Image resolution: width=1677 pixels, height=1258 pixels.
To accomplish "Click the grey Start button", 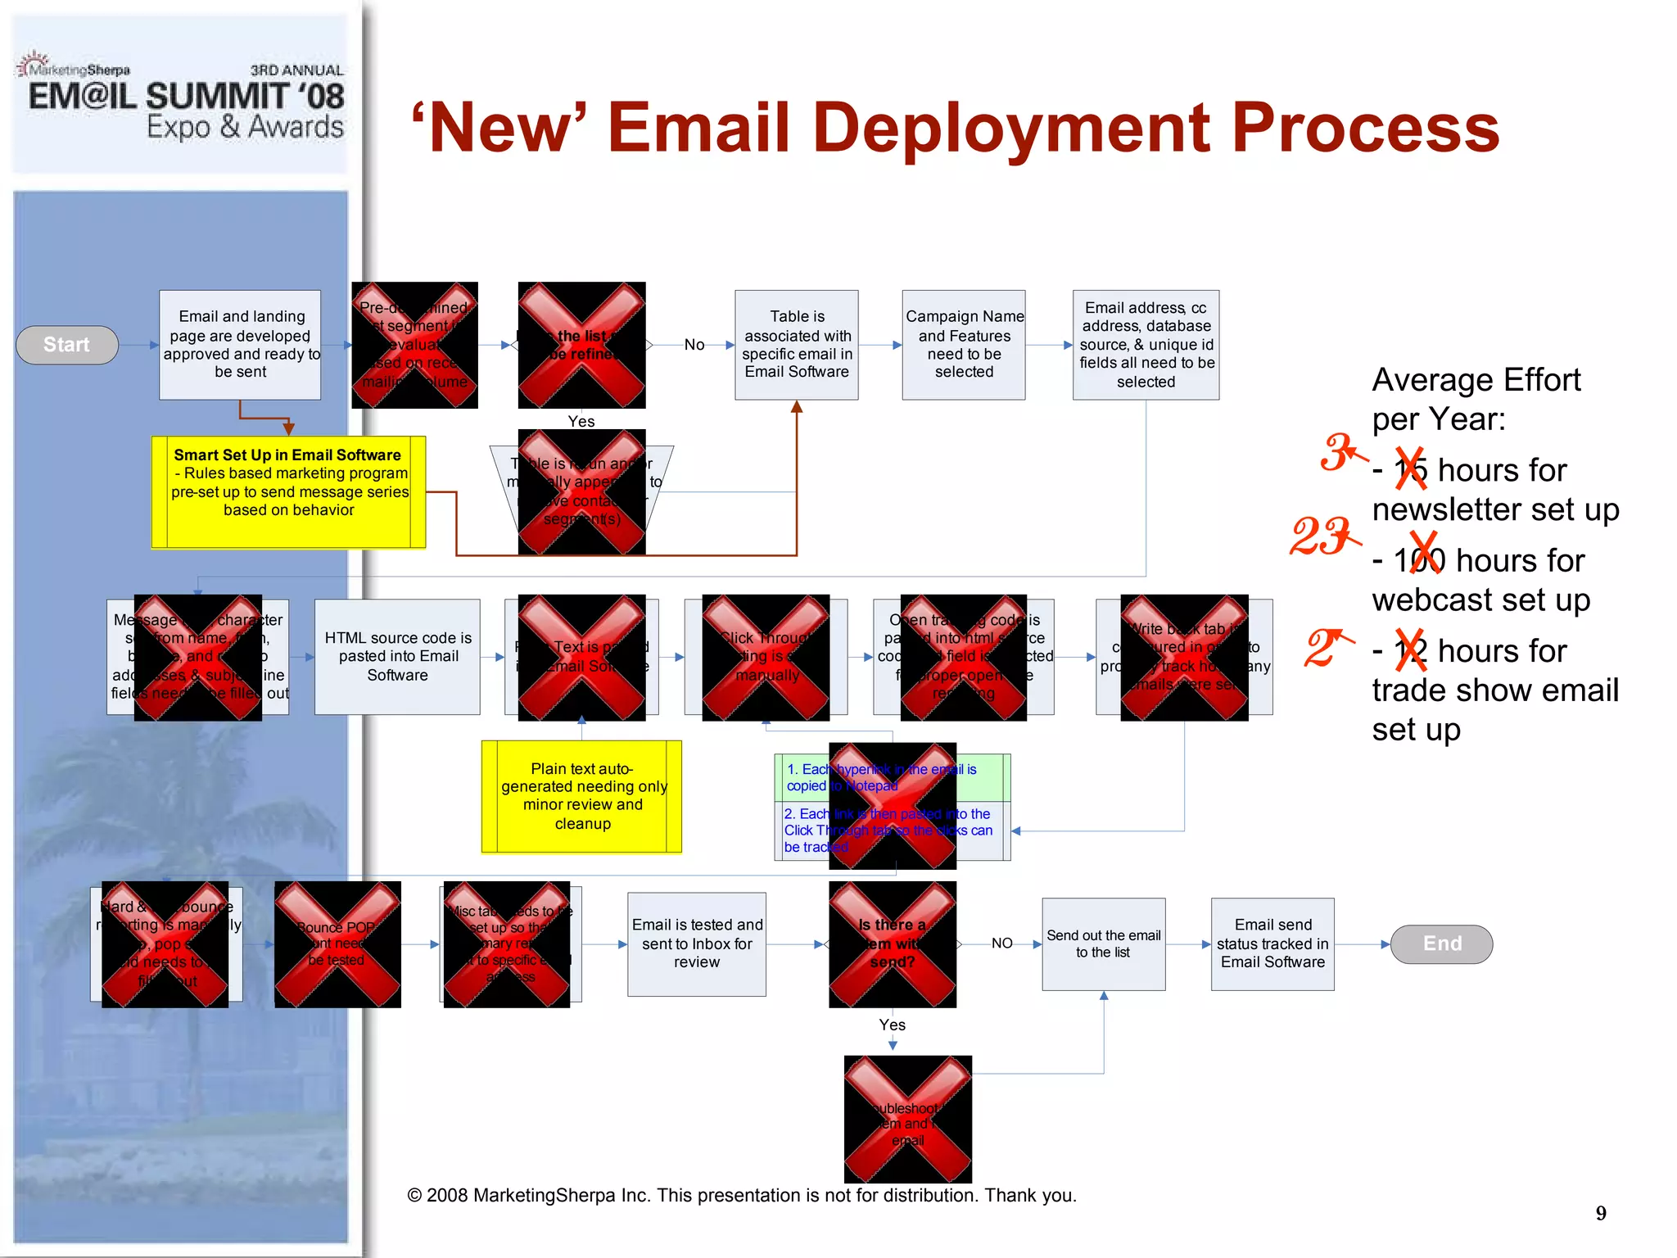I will tap(67, 345).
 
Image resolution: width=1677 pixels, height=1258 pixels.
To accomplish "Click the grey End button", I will tap(1441, 943).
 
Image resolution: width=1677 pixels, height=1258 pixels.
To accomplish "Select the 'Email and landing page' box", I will tap(240, 344).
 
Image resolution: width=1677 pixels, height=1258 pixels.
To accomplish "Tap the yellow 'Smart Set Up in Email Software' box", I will tap(288, 491).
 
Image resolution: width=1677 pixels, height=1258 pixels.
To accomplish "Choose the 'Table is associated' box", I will tap(797, 344).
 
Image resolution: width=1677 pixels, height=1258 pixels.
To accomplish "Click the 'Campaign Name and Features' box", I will tap(964, 344).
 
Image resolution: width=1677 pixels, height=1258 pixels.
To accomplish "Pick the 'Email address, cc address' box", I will tap(1146, 344).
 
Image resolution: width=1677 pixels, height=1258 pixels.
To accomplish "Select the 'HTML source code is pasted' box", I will tap(397, 656).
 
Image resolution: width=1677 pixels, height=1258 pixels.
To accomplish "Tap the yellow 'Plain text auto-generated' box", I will tap(581, 796).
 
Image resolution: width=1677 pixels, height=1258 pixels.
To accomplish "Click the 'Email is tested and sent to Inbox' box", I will tap(697, 943).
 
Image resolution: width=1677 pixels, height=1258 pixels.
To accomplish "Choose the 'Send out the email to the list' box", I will tap(1103, 943).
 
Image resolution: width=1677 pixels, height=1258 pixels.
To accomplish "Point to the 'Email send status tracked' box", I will tap(1272, 943).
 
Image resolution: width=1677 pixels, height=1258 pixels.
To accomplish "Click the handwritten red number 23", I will tap(1321, 536).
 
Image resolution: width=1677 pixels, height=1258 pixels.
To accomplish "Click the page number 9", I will tap(1601, 1213).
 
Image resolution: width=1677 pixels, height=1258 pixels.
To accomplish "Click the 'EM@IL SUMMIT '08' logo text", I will tap(186, 97).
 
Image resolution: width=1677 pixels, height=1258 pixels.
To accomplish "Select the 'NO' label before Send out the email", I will tap(1001, 943).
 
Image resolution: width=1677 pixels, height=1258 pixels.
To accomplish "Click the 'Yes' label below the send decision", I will tap(892, 1025).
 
